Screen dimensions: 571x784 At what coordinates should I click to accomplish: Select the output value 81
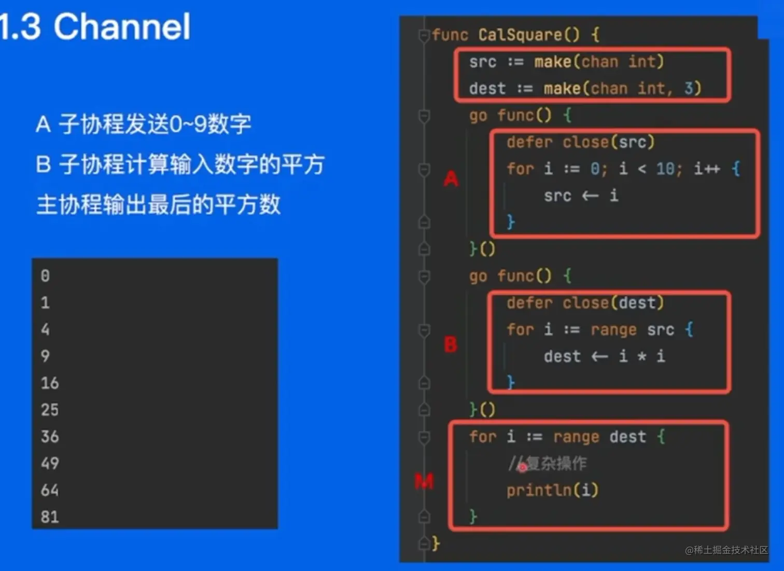coord(50,517)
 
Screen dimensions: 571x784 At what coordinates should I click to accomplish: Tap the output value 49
coord(50,463)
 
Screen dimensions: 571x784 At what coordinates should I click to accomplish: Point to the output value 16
coord(50,383)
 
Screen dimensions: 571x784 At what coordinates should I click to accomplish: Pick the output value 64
coord(50,490)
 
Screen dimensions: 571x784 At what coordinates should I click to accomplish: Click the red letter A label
coord(451,179)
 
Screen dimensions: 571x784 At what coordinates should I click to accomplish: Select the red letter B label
coord(451,344)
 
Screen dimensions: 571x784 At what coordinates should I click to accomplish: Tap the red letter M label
coord(424,482)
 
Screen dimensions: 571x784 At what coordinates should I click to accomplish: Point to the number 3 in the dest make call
coord(689,88)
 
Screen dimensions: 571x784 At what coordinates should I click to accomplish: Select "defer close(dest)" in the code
coord(585,303)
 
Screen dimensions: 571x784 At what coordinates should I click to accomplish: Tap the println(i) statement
coord(552,490)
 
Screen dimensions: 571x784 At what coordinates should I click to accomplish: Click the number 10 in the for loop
coord(665,169)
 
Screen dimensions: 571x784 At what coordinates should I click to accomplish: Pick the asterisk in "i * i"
coord(642,356)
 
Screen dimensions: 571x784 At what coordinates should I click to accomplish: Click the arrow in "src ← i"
coord(590,196)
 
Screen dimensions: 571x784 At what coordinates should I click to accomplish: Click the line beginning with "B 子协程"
coord(180,164)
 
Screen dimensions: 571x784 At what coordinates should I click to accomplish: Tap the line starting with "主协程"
coord(158,204)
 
